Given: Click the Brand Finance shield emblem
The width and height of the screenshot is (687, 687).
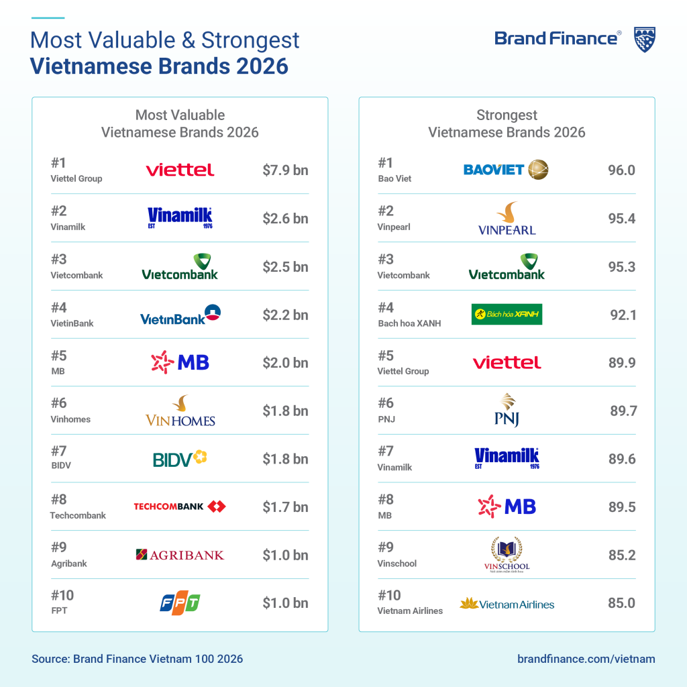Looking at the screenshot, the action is tap(645, 40).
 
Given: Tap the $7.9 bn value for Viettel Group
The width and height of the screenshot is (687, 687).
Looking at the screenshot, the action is tap(285, 170).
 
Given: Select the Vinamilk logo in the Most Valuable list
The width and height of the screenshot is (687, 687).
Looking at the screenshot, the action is tap(180, 217).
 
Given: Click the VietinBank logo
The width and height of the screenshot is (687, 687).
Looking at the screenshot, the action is tap(180, 315).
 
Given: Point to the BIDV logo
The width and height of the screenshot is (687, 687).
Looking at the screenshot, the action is tap(180, 459).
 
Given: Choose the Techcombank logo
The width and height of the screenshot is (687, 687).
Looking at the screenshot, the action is tap(180, 507).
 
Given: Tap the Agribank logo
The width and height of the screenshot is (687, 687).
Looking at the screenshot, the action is tap(180, 555).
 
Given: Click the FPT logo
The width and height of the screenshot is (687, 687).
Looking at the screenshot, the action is tap(180, 603).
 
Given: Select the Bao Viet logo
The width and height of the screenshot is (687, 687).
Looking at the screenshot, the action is tap(506, 170).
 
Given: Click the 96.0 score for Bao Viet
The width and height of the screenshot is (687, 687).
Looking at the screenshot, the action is tap(621, 170).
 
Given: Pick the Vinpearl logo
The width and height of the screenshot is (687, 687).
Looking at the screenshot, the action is tap(507, 219).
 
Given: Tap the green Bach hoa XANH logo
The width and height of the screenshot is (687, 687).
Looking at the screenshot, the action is tap(507, 314).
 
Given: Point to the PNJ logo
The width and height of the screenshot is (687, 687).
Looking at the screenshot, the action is tap(507, 410).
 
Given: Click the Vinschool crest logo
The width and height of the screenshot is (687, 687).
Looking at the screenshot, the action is tap(507, 555).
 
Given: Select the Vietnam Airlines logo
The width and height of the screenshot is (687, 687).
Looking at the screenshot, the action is tap(507, 604).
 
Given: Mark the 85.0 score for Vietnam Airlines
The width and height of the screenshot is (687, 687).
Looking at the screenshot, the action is tap(621, 603).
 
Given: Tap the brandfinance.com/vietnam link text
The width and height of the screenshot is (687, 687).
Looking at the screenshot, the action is tap(586, 659).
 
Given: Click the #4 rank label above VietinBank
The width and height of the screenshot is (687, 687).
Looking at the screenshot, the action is tap(59, 307).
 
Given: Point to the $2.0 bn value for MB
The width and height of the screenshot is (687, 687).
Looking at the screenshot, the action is tap(285, 363).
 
